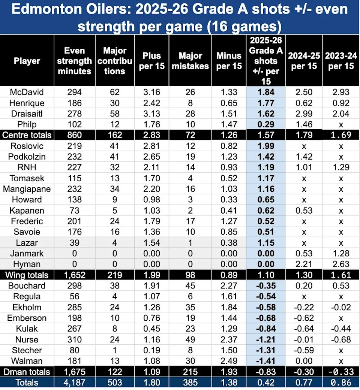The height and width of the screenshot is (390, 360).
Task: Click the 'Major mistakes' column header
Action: [x=193, y=61]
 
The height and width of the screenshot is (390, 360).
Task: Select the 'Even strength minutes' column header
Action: [x=75, y=61]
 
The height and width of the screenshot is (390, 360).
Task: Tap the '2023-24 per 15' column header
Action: [x=340, y=61]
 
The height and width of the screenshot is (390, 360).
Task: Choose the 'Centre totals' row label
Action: [x=27, y=135]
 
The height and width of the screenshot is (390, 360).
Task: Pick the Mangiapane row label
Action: [x=27, y=189]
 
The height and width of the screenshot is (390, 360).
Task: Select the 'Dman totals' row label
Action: [x=27, y=372]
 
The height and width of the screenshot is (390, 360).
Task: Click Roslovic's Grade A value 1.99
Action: [x=266, y=146]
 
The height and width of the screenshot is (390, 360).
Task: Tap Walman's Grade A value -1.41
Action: [x=266, y=361]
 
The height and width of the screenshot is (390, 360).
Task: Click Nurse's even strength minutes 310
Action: [x=75, y=340]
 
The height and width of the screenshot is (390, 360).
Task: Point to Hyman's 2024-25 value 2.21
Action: [x=304, y=264]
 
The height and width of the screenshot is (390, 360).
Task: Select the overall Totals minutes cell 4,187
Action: [x=75, y=383]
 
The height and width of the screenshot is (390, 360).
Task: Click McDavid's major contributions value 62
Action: [x=114, y=92]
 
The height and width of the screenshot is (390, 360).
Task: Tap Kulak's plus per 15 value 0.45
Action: [x=154, y=329]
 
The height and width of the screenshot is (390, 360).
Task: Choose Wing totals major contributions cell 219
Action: [x=114, y=275]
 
